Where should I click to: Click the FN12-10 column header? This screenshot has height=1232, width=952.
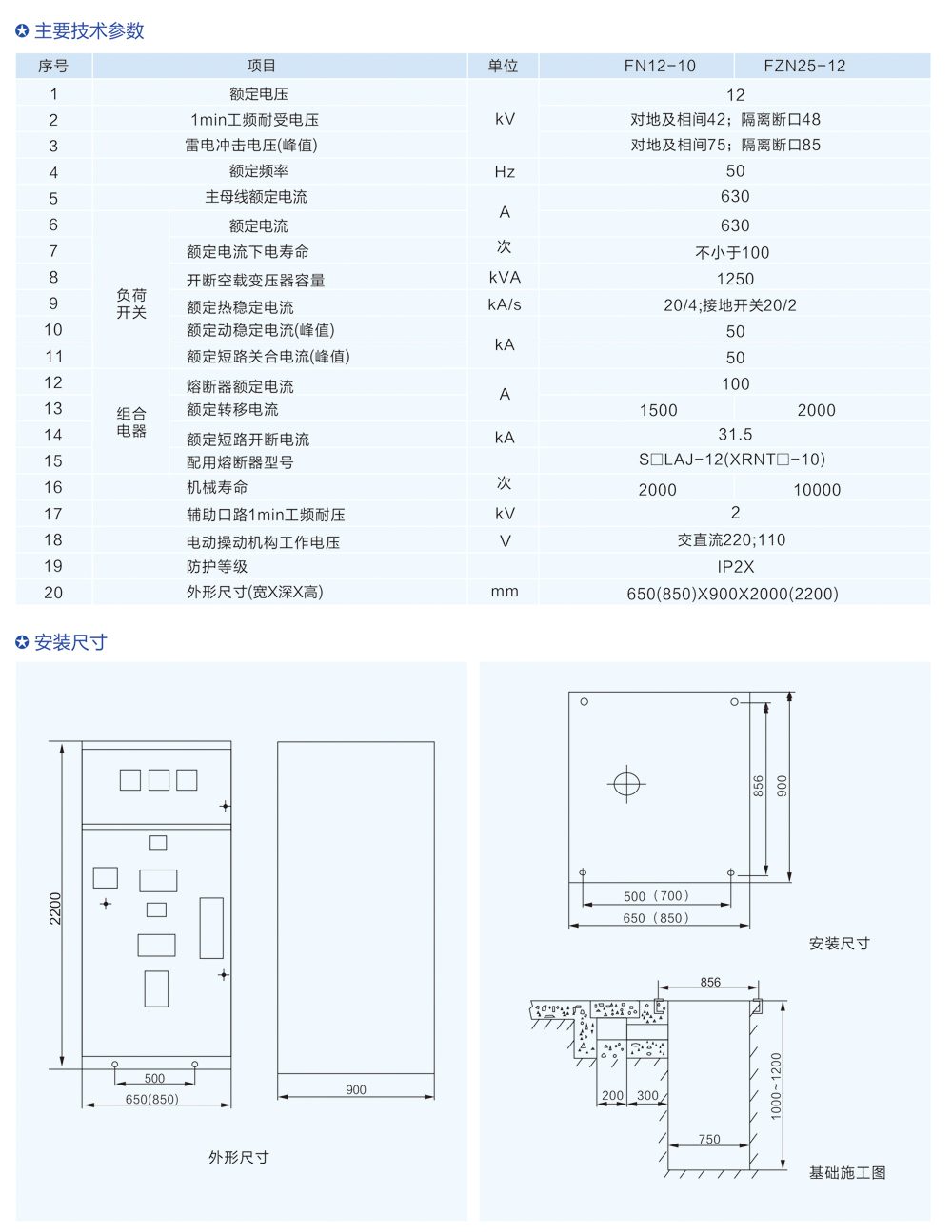pyautogui.click(x=660, y=66)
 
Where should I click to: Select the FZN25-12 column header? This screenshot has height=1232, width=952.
pyautogui.click(x=804, y=66)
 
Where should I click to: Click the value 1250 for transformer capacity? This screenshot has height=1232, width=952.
pyautogui.click(x=735, y=279)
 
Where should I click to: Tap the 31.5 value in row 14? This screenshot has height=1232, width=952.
pyautogui.click(x=735, y=435)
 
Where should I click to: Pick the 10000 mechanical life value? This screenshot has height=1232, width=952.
pyautogui.click(x=817, y=490)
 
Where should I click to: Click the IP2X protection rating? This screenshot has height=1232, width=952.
pyautogui.click(x=735, y=567)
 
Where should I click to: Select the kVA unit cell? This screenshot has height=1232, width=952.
pyautogui.click(x=505, y=278)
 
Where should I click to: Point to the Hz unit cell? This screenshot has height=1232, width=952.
pyautogui.click(x=505, y=172)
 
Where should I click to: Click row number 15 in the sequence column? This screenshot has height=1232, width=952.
pyautogui.click(x=53, y=461)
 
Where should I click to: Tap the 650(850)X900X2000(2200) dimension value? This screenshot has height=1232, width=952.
pyautogui.click(x=732, y=594)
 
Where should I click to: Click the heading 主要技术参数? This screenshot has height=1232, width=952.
pyautogui.click(x=89, y=31)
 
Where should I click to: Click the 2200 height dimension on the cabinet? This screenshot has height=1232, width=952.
pyautogui.click(x=55, y=909)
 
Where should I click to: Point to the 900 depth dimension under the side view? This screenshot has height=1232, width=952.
pyautogui.click(x=356, y=1090)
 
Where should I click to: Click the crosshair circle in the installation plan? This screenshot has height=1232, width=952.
pyautogui.click(x=626, y=784)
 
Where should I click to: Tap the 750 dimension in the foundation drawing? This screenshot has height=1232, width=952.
pyautogui.click(x=709, y=1139)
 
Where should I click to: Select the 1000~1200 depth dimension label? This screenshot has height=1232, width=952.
pyautogui.click(x=776, y=1085)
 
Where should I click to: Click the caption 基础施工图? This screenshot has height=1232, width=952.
pyautogui.click(x=847, y=1173)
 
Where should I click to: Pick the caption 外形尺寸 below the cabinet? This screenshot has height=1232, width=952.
pyautogui.click(x=239, y=1158)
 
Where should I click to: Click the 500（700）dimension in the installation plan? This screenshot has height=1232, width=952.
pyautogui.click(x=656, y=896)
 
